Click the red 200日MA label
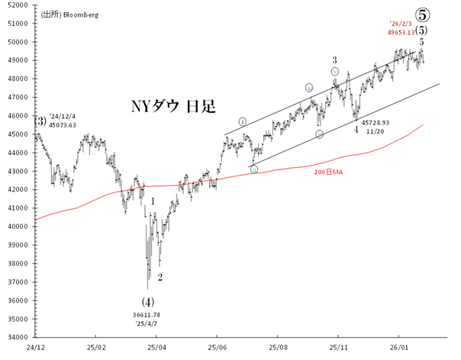[328, 173]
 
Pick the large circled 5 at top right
[421, 13]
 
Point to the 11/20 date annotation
[375, 131]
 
